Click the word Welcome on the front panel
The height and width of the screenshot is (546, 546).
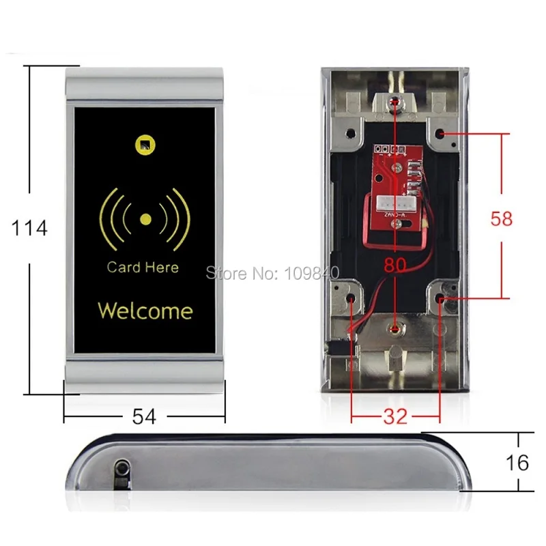145,311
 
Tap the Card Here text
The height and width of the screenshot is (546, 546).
143,268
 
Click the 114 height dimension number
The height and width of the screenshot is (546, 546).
30,228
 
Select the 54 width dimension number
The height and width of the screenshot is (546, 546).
145,416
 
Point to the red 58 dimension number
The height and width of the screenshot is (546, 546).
502,218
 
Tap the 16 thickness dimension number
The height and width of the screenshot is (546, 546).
518,463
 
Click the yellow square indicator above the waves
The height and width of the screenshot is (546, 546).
144,144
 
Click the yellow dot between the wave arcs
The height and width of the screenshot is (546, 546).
145,220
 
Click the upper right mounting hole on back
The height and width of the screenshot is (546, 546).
442,134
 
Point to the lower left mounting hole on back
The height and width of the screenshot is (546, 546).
351,298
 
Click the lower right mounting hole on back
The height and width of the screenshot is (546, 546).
442,298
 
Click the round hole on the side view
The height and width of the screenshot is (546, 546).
123,467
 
